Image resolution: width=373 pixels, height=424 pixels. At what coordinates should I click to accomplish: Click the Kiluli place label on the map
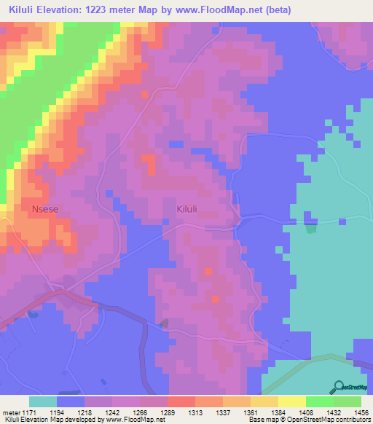187,208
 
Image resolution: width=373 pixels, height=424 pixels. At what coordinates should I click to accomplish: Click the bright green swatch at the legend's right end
348,401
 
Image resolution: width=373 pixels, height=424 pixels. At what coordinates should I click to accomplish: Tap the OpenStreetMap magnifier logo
339,388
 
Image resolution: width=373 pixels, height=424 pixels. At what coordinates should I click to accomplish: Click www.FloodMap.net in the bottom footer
128,420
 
